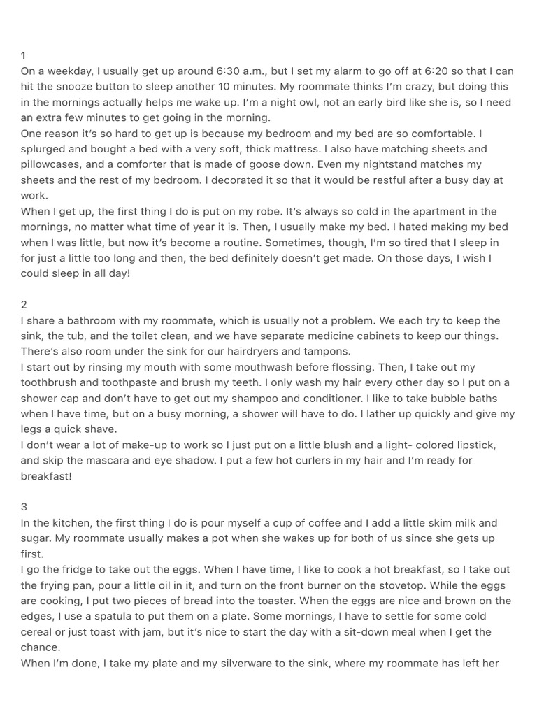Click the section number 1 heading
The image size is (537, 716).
[x=24, y=55]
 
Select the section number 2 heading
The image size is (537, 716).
[x=24, y=305]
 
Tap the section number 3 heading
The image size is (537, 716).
[x=24, y=507]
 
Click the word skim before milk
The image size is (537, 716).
[x=409, y=522]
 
